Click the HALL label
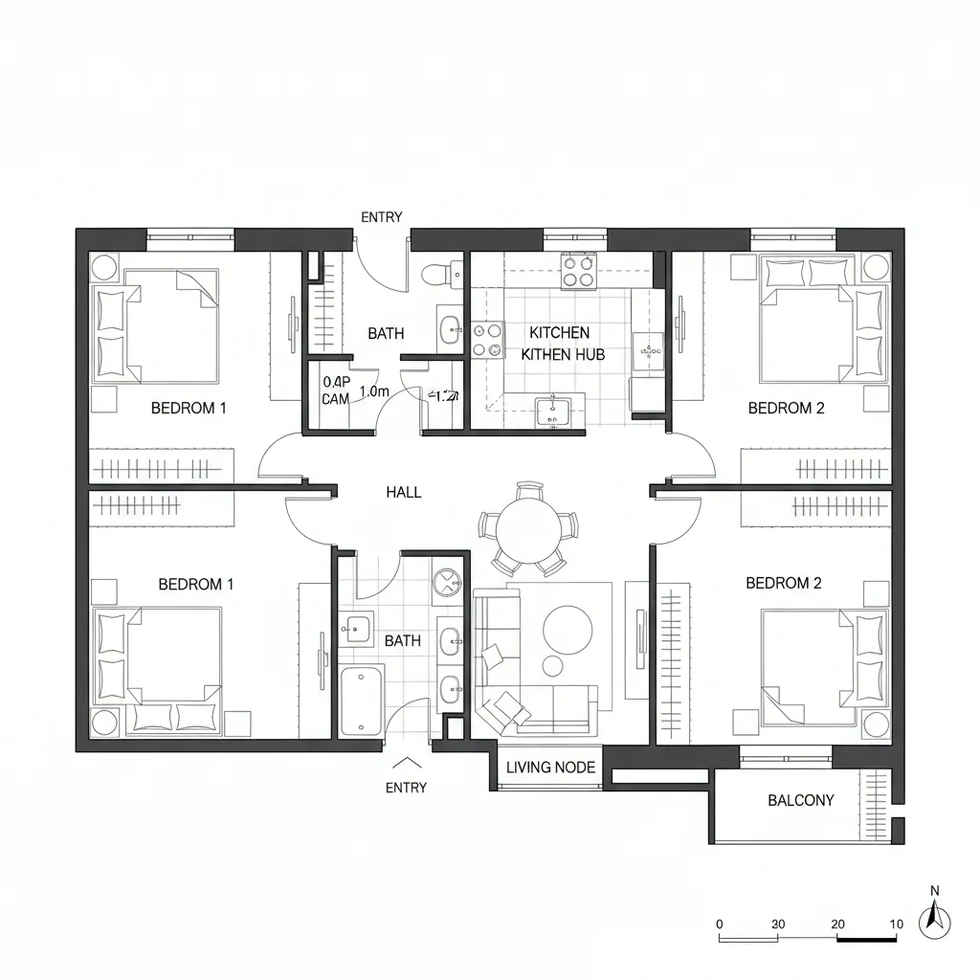[x=403, y=492]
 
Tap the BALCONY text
[x=801, y=800]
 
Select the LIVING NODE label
[x=550, y=767]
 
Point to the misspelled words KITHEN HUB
[x=562, y=354]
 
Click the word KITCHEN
[x=559, y=332]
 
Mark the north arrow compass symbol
[x=934, y=921]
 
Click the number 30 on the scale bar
[x=778, y=924]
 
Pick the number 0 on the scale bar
[x=720, y=924]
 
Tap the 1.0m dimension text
[x=373, y=390]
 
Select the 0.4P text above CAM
[x=337, y=381]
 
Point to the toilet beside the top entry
[x=435, y=274]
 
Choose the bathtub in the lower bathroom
[x=362, y=702]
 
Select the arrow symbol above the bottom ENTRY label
[x=407, y=764]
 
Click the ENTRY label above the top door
[x=381, y=217]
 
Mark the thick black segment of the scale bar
[x=866, y=938]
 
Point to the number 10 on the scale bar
[x=896, y=924]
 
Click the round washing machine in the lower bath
[x=447, y=582]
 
